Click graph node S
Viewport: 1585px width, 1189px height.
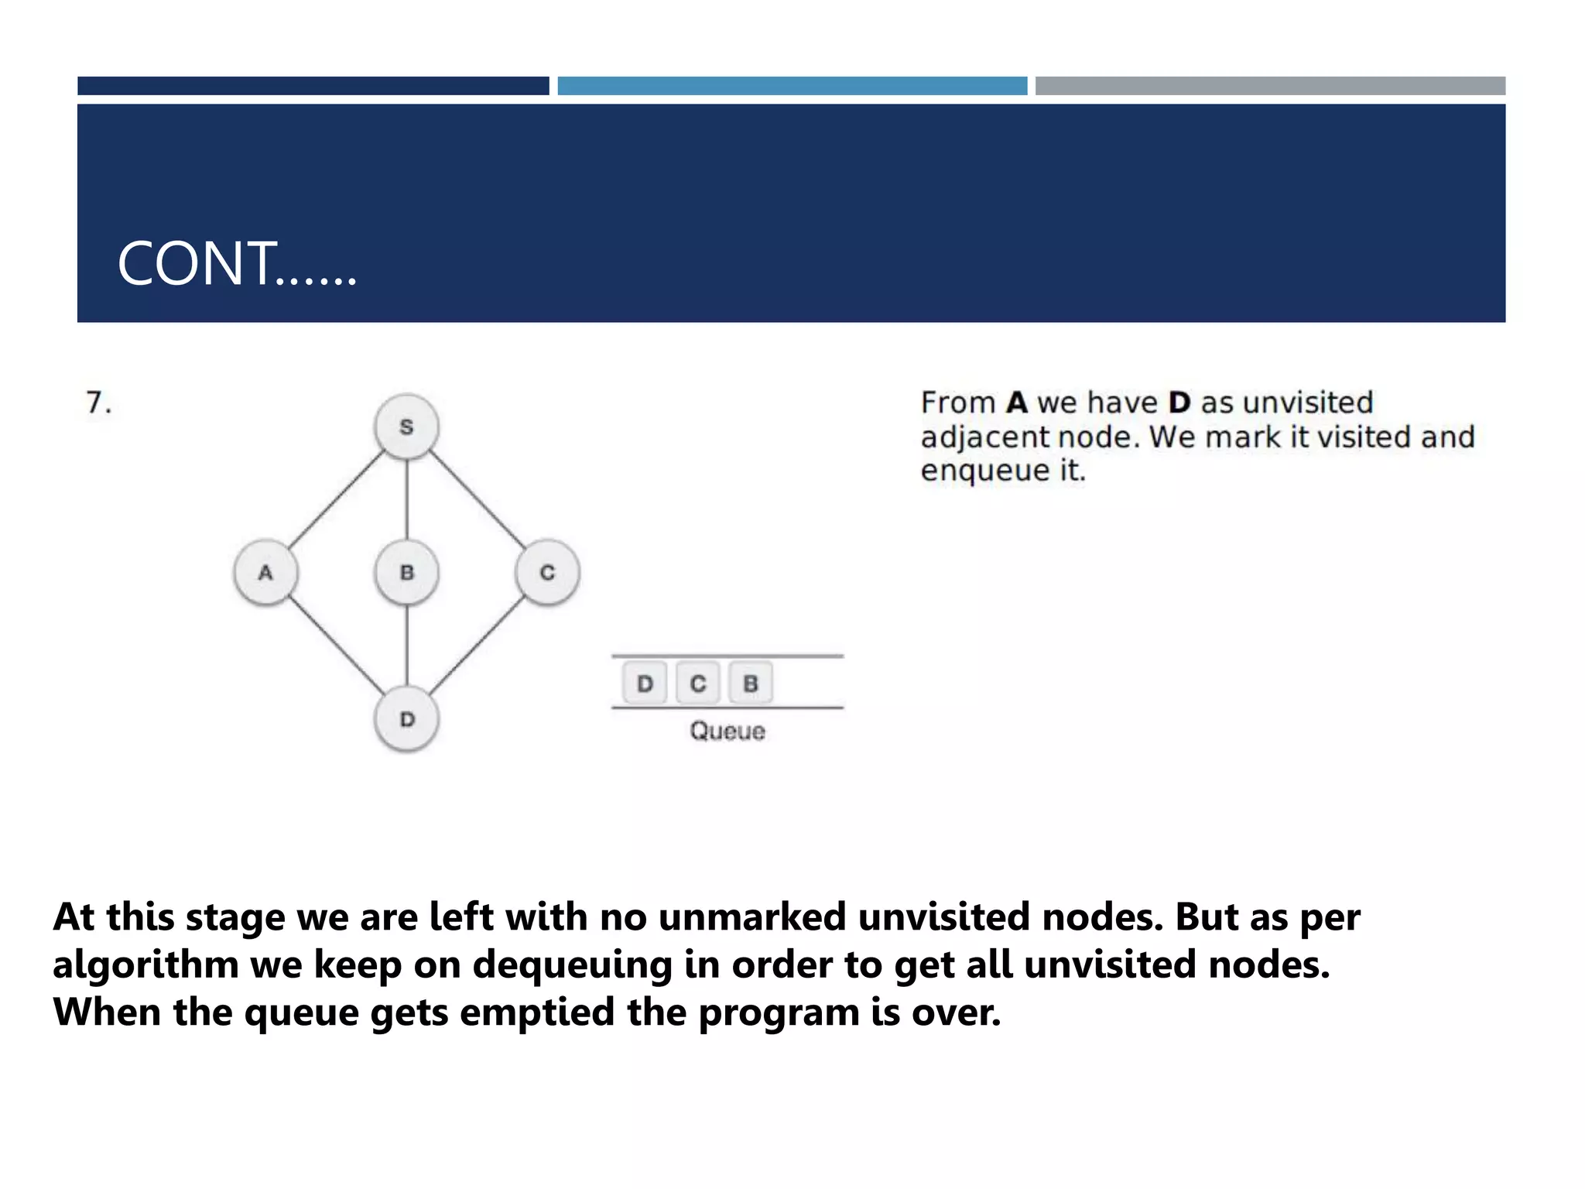[406, 427]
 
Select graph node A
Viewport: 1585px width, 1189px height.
[265, 573]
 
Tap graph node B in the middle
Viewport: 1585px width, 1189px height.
[406, 573]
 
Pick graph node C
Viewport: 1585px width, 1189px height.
[547, 573]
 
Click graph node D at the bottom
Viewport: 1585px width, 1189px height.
[406, 719]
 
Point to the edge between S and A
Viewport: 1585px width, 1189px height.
[336, 500]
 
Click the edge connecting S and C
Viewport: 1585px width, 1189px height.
[477, 500]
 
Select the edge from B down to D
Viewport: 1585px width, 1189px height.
[407, 646]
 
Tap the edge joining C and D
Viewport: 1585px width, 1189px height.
[477, 646]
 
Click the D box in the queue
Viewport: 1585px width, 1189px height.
[645, 684]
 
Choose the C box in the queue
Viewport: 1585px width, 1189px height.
[697, 684]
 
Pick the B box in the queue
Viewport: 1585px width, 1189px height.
[750, 684]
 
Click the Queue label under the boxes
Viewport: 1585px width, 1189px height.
[727, 732]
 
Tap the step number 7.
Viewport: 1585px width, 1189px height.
[98, 403]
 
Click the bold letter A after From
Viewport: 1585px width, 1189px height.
[1017, 403]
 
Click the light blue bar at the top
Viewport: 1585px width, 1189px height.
[792, 86]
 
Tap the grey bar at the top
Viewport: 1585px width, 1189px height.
[1270, 86]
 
